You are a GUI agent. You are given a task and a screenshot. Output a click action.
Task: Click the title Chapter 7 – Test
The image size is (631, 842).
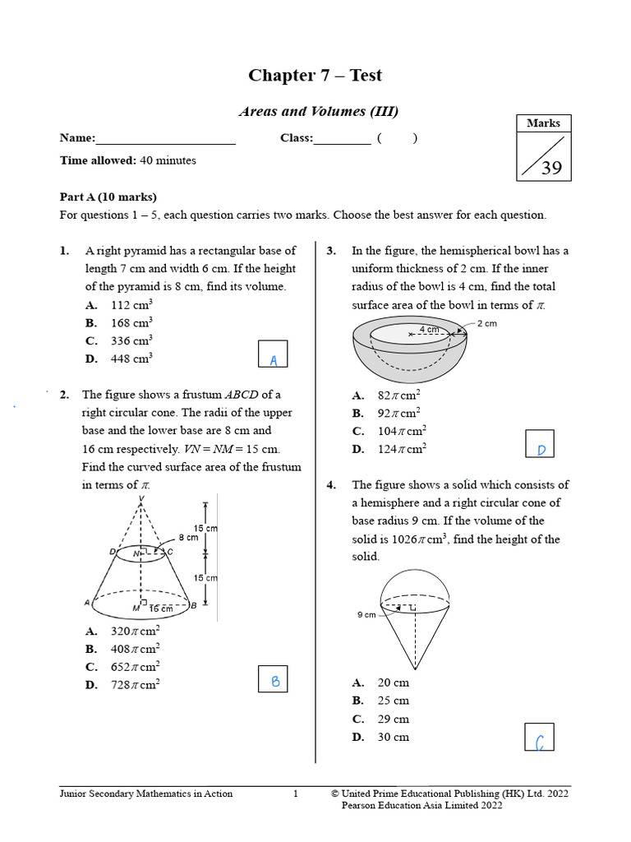(315, 76)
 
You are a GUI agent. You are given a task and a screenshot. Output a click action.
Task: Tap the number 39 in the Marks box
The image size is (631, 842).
(551, 168)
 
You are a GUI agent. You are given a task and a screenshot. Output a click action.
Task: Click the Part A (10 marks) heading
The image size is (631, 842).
(108, 197)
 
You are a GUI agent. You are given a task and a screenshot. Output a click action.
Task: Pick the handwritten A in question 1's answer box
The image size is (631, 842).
(274, 360)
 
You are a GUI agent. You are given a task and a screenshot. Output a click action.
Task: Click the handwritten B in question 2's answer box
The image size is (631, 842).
(275, 681)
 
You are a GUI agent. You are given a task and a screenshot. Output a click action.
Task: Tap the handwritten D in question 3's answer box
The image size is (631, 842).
(541, 449)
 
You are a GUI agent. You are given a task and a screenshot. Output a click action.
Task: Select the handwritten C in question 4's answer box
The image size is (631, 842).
(540, 743)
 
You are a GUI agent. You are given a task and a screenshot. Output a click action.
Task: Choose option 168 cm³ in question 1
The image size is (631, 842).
(131, 323)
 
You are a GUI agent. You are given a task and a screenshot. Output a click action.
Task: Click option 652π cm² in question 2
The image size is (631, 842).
(135, 667)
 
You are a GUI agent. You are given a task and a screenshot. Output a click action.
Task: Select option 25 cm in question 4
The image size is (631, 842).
(393, 701)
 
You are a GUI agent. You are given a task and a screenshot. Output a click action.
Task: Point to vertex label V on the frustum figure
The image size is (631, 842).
(142, 498)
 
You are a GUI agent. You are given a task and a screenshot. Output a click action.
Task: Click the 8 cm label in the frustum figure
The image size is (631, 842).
(188, 537)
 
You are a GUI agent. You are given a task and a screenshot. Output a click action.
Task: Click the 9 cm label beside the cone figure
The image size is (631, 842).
(366, 614)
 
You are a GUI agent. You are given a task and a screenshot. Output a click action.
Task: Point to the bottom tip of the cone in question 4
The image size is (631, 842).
(413, 669)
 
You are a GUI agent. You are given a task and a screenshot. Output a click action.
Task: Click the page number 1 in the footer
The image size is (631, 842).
(297, 793)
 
